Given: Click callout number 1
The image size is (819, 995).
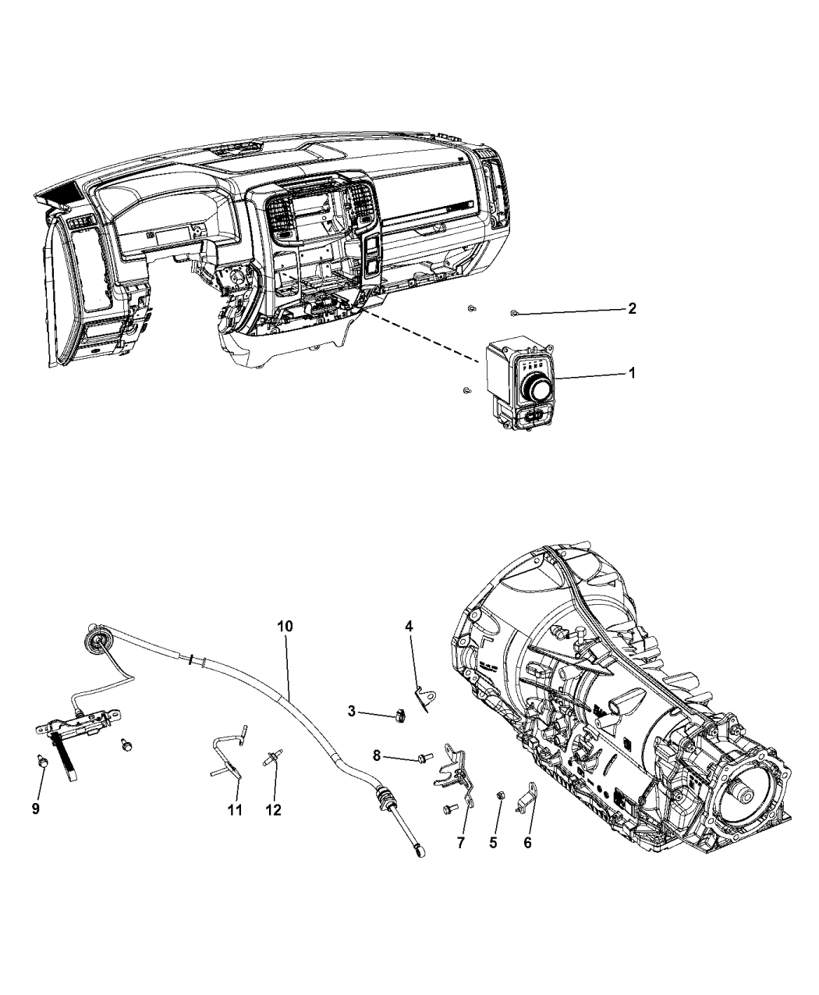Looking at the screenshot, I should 632,374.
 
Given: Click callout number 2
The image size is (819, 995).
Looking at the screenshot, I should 632,308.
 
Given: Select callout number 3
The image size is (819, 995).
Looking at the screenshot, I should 352,711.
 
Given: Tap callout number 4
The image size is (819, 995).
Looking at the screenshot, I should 408,626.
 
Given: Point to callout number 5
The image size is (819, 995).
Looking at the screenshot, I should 493,842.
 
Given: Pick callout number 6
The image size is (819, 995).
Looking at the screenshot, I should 527,842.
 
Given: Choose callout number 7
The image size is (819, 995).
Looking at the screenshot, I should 460,842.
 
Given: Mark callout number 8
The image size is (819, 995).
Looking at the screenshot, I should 377,755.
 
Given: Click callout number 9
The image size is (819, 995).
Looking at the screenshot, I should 36,809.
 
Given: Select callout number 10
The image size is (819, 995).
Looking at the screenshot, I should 285,626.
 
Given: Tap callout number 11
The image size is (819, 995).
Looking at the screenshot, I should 235,810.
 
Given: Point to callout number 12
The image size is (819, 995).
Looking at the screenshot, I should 273,810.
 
